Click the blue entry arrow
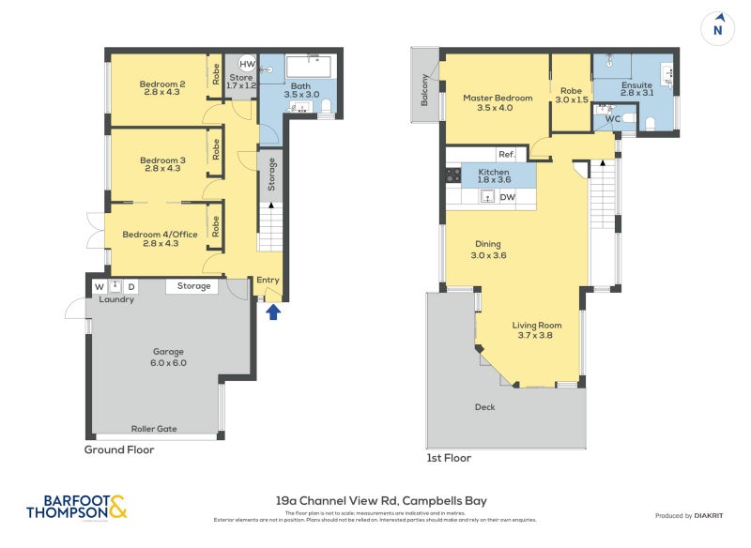[273, 312]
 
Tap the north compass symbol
[718, 27]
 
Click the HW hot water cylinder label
[247, 64]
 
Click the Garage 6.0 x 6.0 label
[170, 358]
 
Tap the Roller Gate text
[154, 429]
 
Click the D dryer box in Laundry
[131, 286]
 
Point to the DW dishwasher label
[507, 197]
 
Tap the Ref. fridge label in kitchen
[506, 155]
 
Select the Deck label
[484, 406]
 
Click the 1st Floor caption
[449, 458]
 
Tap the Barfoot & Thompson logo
[76, 507]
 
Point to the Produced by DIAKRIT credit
[687, 515]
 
